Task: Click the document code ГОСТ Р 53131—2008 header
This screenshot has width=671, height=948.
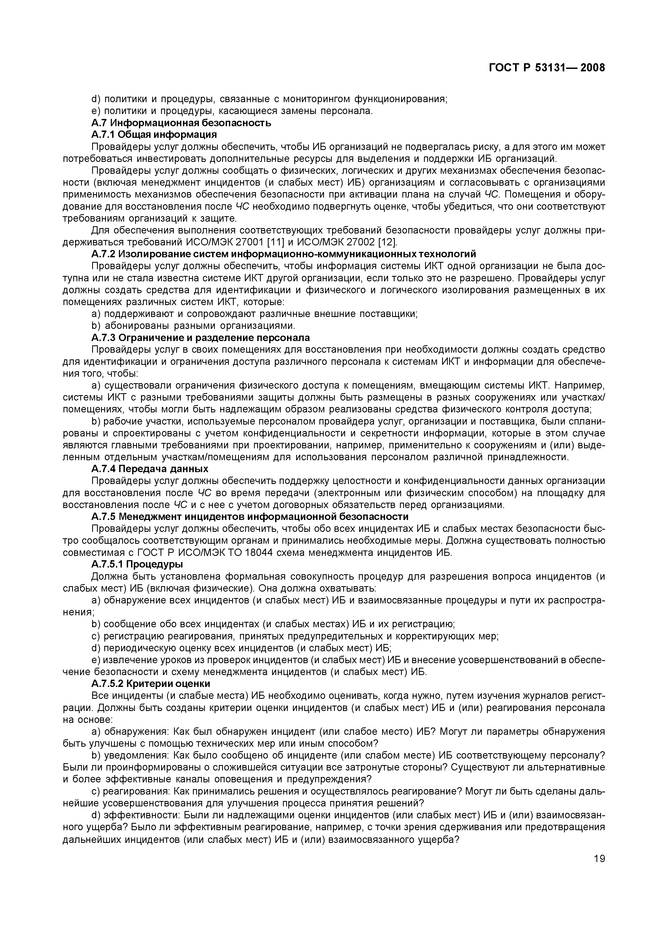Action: (547, 68)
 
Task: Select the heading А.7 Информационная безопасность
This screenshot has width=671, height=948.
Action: (181, 123)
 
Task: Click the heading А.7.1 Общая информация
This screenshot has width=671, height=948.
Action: (154, 135)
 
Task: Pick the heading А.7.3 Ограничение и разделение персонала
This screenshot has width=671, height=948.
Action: (201, 338)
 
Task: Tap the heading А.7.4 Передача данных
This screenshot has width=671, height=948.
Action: (149, 469)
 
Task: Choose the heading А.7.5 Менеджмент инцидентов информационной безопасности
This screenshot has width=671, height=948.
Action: (249, 517)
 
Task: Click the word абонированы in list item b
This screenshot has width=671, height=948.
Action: (136, 326)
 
